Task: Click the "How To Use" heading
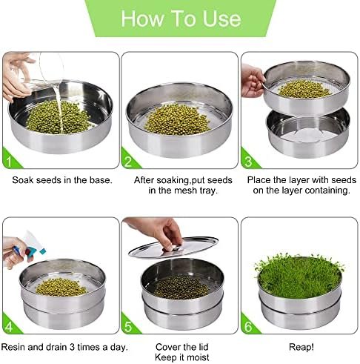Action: pyautogui.click(x=181, y=19)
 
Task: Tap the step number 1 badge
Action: pyautogui.click(x=10, y=160)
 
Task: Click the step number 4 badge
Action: pyautogui.click(x=10, y=325)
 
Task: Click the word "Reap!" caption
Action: pyautogui.click(x=301, y=347)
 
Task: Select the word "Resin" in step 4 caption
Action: pyautogui.click(x=13, y=347)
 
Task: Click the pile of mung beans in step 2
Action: pyautogui.click(x=177, y=119)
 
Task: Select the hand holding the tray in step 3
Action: pyautogui.click(x=253, y=81)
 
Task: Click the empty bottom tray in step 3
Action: pyautogui.click(x=308, y=133)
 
